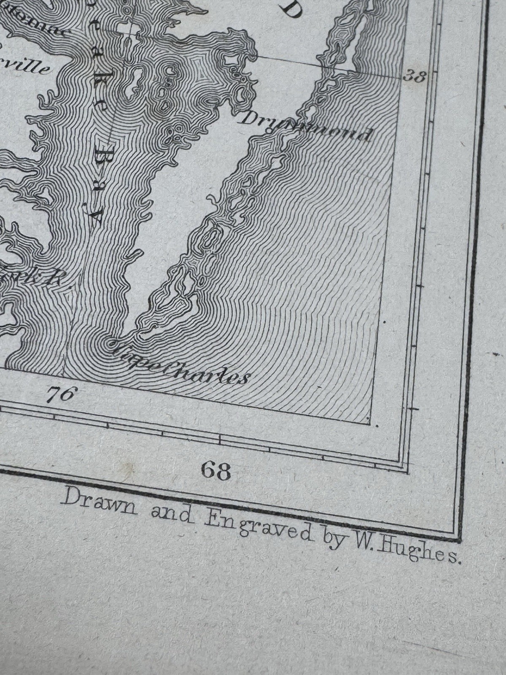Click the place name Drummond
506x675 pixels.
point(306,124)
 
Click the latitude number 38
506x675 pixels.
point(414,76)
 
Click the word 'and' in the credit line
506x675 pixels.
point(172,513)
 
